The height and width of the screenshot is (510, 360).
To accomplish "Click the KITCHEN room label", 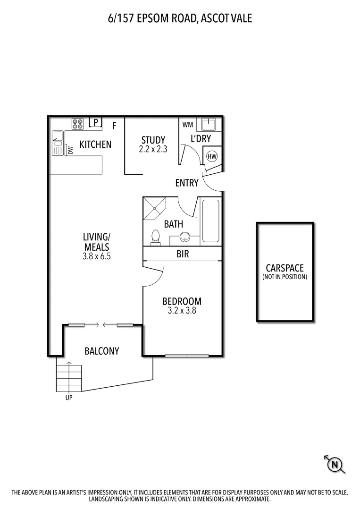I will coord(95,144).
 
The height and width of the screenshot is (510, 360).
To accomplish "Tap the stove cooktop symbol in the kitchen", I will coord(78,124).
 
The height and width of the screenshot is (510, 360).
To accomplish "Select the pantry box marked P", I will coord(95,123).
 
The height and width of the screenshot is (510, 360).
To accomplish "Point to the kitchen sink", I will coord(58,143).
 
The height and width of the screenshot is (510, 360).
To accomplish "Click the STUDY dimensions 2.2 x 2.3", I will coord(153,149).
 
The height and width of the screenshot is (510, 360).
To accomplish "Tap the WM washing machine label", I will coord(187,125).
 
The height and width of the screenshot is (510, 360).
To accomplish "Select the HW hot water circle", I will coord(212,156).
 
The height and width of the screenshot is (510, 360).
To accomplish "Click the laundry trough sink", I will coord(208,124).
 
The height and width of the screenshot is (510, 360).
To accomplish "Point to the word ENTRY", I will coord(186,183).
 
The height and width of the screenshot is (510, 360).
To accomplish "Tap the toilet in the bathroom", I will coord(155,237).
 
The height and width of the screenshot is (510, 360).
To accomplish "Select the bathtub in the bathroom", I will coord(210,221).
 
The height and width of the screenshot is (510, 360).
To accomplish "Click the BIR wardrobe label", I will coord(183,254).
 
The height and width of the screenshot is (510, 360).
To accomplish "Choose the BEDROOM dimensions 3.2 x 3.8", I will coord(182,311).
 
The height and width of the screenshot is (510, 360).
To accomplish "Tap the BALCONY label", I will coord(101,351).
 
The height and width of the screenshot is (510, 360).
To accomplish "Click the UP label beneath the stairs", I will coord(69,398).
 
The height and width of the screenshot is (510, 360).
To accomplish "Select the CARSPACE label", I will coord(285,268).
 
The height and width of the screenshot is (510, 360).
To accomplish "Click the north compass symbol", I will coord(335,465).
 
